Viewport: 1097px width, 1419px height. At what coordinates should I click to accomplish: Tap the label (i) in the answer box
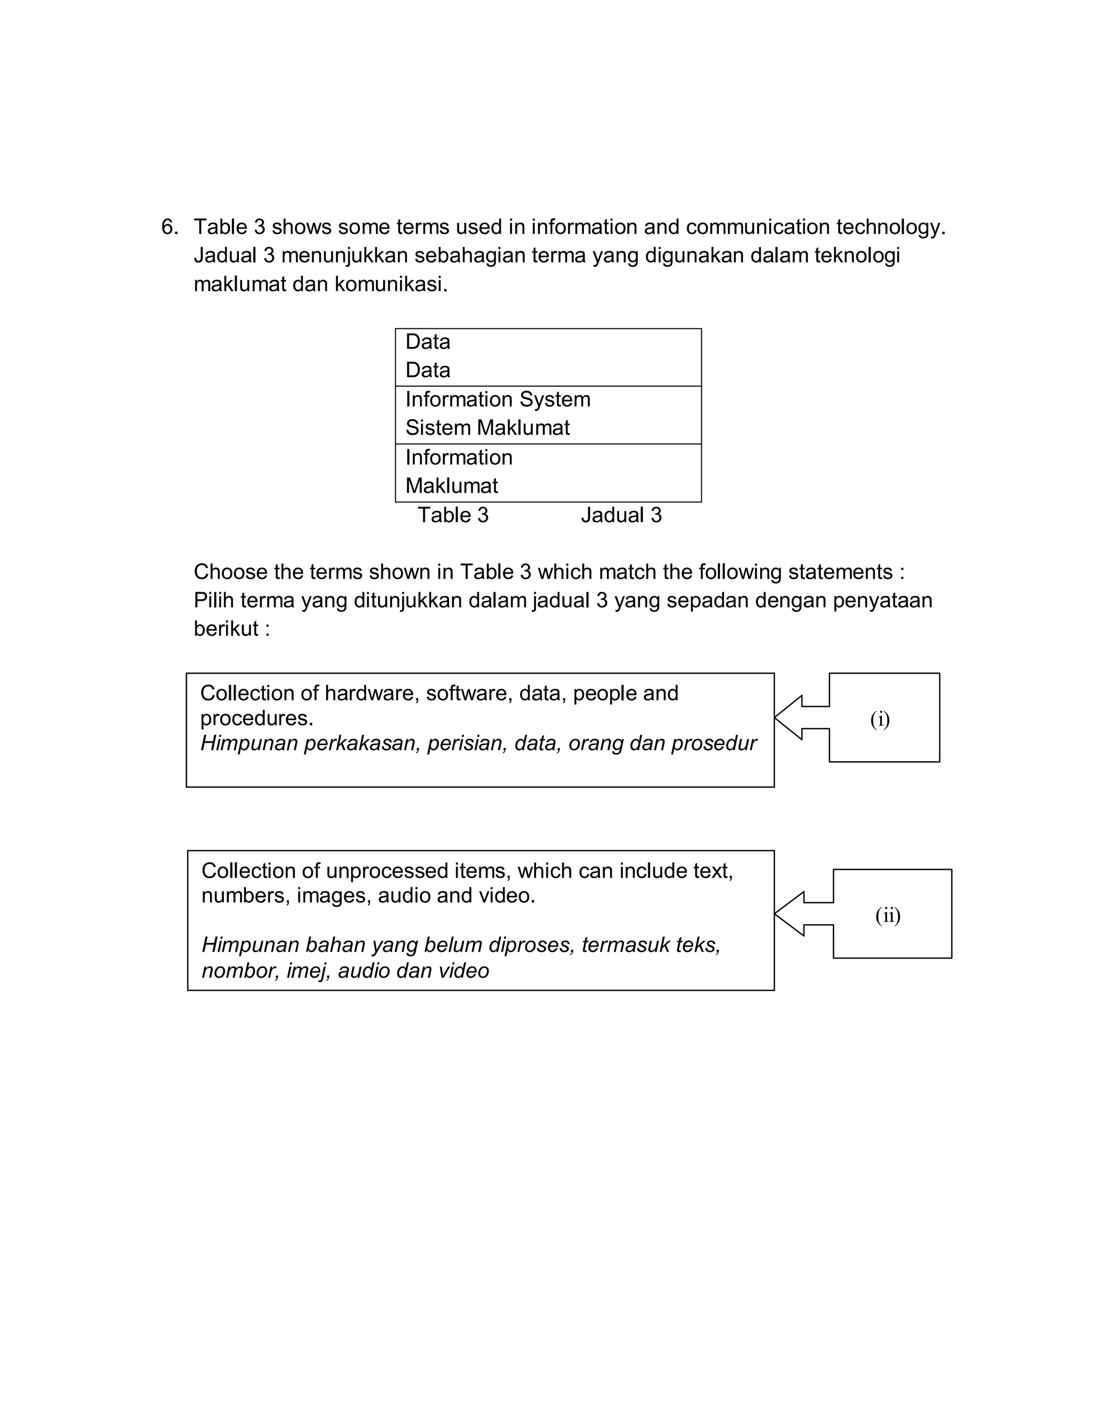pyautogui.click(x=880, y=719)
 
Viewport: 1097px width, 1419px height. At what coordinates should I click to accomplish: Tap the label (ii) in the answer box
pyautogui.click(x=887, y=916)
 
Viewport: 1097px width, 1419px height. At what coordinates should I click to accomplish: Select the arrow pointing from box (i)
pyautogui.click(x=800, y=718)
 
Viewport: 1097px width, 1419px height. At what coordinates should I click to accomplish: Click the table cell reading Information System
pyautogui.click(x=497, y=399)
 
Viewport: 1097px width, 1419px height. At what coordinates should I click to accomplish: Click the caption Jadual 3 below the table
pyautogui.click(x=621, y=515)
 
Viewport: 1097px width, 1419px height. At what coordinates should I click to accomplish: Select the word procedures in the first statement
pyautogui.click(x=256, y=718)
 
